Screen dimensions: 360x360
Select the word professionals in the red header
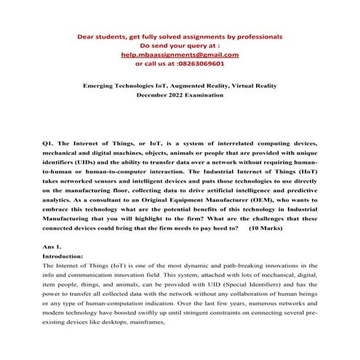tap(254, 36)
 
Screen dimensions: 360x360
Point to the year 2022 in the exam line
tap(179, 95)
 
